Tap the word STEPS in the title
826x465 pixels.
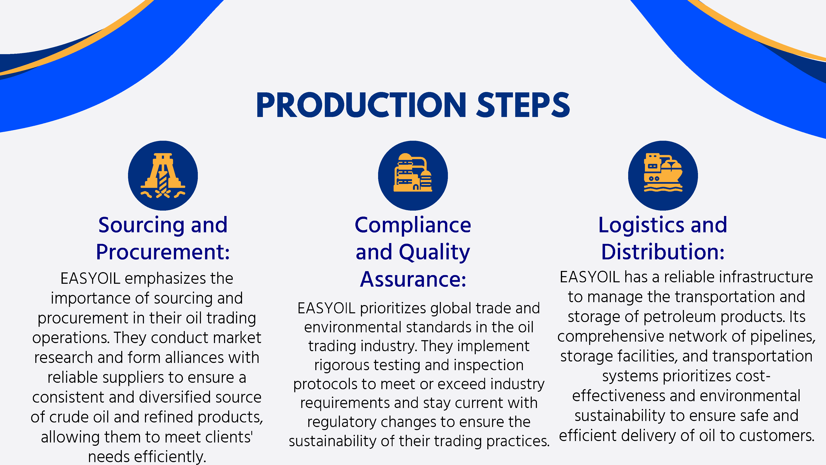click(523, 105)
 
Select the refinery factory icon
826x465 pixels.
click(413, 173)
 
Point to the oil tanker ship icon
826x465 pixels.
click(663, 173)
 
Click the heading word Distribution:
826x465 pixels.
click(663, 252)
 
